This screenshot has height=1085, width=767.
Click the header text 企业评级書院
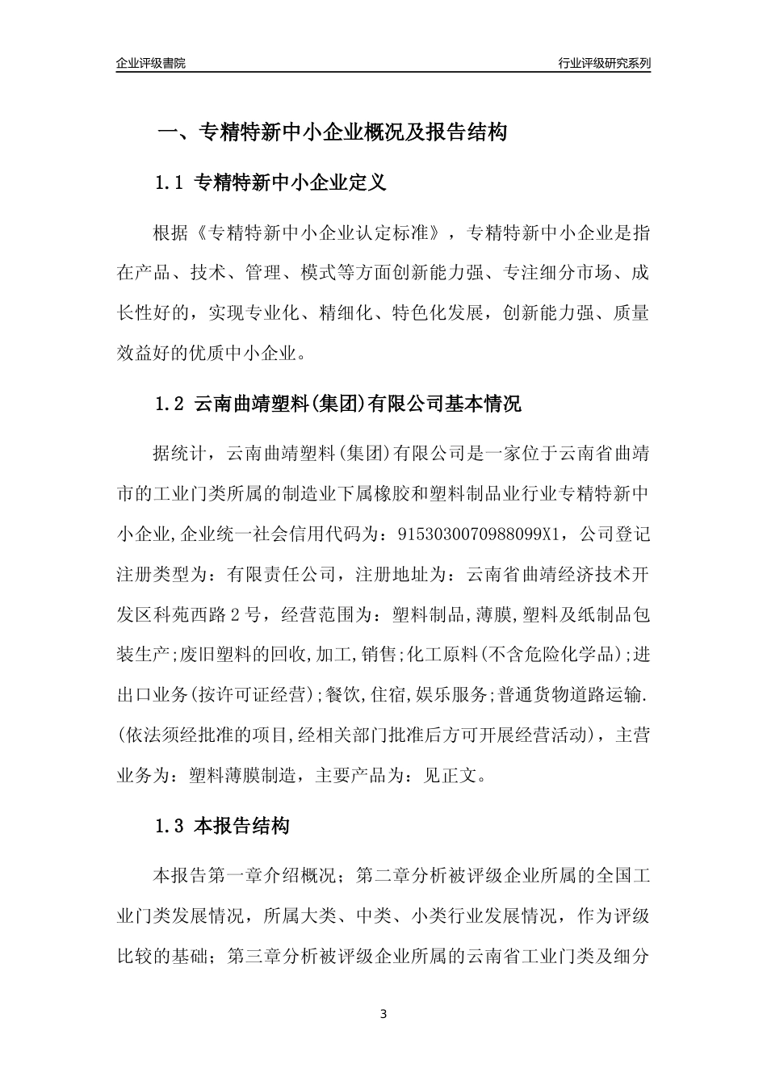pos(151,63)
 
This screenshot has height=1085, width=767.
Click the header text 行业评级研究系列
pos(604,63)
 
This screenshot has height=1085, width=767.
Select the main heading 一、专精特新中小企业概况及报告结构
pos(331,132)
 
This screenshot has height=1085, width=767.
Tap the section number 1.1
pos(170,183)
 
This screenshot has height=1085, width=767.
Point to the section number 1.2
pos(170,404)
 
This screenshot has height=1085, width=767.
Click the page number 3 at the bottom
pos(383,1014)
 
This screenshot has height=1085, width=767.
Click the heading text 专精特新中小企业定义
pos(291,183)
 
